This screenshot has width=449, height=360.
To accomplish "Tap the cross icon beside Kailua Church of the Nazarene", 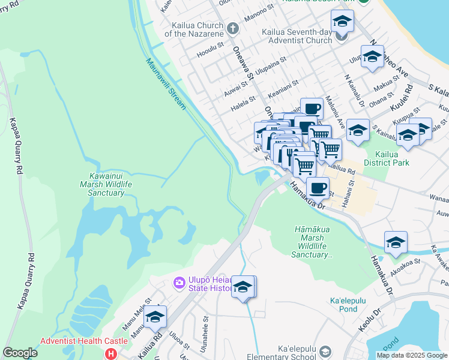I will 233,28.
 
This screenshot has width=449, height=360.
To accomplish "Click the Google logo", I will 20,353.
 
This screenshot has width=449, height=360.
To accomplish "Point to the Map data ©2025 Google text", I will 412,355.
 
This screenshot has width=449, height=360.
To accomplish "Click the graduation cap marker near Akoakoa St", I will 396,242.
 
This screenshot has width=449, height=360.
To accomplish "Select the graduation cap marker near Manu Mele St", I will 155,317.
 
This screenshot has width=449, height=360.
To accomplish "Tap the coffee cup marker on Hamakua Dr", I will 318,188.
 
